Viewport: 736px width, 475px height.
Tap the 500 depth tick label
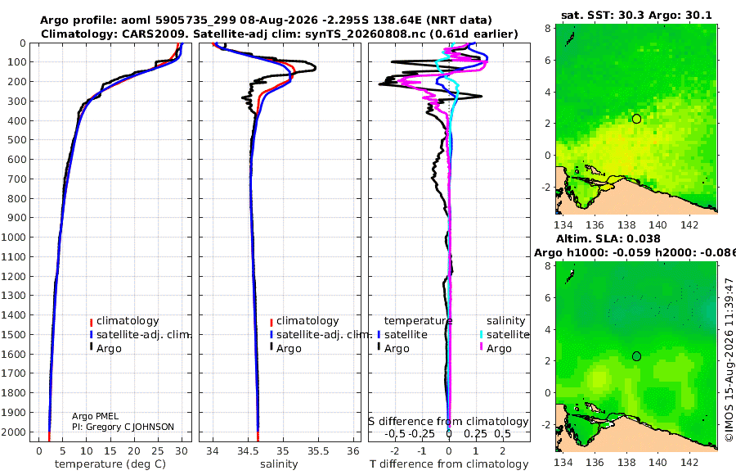click(16, 140)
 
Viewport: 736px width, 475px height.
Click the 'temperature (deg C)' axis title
click(110, 464)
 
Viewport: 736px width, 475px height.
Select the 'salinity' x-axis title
click(279, 464)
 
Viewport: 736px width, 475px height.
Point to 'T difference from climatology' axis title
click(449, 464)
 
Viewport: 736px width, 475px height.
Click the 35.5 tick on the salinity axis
click(318, 451)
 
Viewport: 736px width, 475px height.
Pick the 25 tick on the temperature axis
click(158, 451)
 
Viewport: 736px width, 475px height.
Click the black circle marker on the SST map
click(636, 119)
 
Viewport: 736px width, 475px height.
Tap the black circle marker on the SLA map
click(636, 356)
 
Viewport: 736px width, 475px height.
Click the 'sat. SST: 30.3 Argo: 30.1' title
click(636, 15)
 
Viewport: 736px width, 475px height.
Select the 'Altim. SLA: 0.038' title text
click(608, 239)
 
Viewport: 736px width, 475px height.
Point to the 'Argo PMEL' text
click(96, 416)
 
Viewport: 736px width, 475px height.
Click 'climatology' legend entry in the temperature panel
click(128, 321)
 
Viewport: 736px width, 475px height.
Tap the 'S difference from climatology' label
click(449, 422)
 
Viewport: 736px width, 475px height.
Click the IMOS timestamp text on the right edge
click(729, 360)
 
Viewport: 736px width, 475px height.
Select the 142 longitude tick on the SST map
click(689, 224)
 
